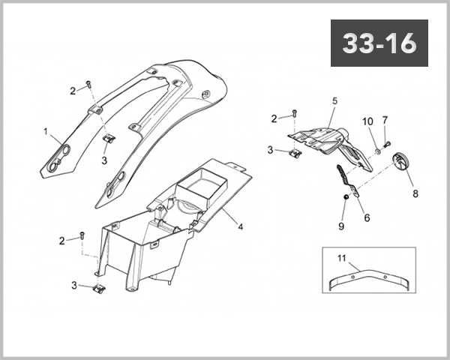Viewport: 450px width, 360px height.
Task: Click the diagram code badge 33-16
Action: [x=379, y=44]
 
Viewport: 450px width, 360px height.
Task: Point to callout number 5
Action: [x=335, y=100]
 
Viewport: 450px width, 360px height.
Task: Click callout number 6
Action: [x=367, y=217]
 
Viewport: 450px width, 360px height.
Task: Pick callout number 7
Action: [x=385, y=120]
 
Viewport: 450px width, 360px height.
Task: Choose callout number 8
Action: [x=415, y=193]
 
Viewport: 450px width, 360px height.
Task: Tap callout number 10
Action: [x=367, y=121]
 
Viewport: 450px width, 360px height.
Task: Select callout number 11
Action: [x=341, y=259]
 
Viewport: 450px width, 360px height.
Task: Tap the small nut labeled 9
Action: [x=345, y=197]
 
